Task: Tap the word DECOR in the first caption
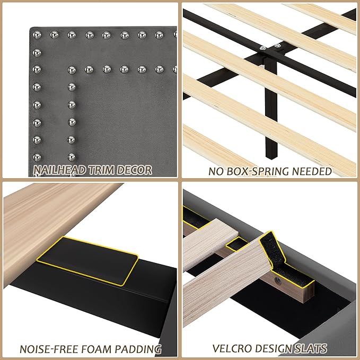pyautogui.click(x=135, y=170)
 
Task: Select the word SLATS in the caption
pyautogui.click(x=311, y=349)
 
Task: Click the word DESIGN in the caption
pyautogui.click(x=275, y=349)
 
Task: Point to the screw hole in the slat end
pyautogui.click(x=276, y=276)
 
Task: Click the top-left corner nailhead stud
pyautogui.click(x=37, y=36)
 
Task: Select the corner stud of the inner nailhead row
pyautogui.click(x=72, y=69)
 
